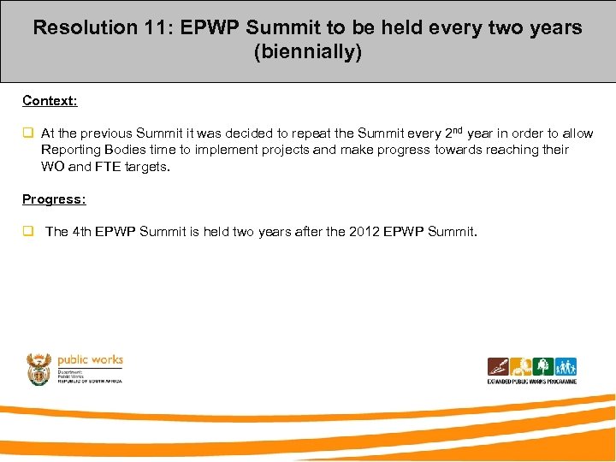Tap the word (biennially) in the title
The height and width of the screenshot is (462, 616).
(308, 52)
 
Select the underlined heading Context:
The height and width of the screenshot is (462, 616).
(50, 101)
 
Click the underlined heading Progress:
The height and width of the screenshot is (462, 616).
(54, 199)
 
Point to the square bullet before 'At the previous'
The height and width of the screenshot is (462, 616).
(27, 133)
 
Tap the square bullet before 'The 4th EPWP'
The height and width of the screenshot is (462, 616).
(27, 232)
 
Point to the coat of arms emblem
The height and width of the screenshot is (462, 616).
(39, 368)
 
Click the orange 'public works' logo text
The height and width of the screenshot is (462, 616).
(90, 360)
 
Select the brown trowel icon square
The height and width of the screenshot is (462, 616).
(499, 367)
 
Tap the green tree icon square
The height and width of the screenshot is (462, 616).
(543, 367)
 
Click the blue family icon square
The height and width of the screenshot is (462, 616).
(566, 367)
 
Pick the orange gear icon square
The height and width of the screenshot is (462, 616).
(521, 367)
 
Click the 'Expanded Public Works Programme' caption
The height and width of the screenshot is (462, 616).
(531, 382)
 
